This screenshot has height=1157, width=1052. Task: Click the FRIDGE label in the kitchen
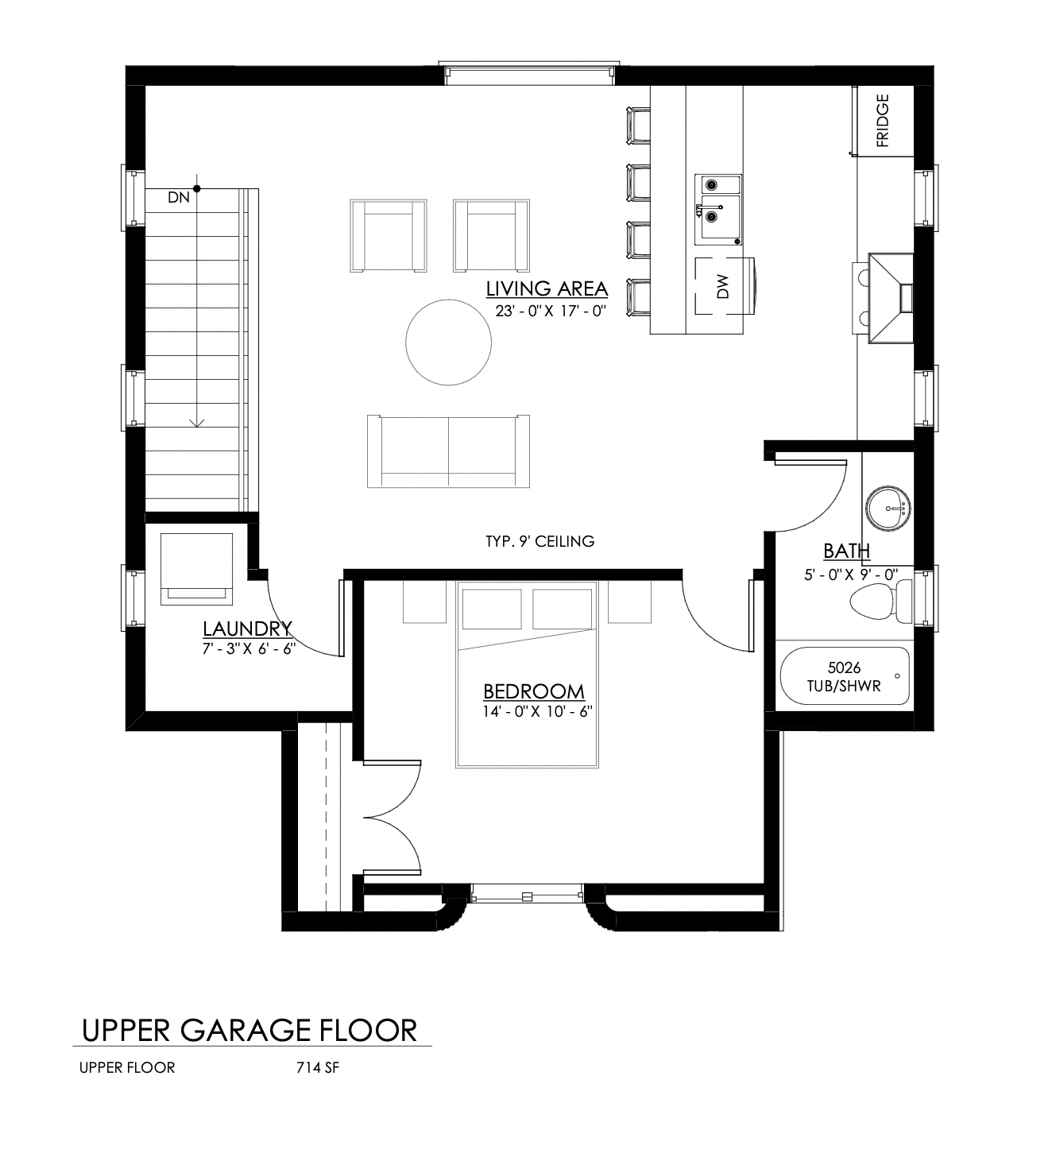tap(882, 121)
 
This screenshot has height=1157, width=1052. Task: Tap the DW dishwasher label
tap(723, 286)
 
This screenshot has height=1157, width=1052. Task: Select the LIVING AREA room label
tap(547, 288)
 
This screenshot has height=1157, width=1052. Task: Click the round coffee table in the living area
tap(448, 342)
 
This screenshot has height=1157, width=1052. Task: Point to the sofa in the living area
tap(448, 451)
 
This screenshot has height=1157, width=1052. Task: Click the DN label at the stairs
tap(179, 197)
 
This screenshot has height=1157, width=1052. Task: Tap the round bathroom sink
tap(888, 508)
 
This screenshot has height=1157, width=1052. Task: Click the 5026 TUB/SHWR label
tap(844, 676)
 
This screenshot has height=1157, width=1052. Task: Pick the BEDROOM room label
tap(534, 691)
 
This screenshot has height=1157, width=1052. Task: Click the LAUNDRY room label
tap(247, 628)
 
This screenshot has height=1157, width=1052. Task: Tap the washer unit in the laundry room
tap(197, 569)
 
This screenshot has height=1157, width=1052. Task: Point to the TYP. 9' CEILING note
tap(540, 541)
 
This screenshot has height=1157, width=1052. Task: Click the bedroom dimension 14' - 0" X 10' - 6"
tap(538, 712)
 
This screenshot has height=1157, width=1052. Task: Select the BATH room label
tap(846, 551)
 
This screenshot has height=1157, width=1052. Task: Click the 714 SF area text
tap(318, 1067)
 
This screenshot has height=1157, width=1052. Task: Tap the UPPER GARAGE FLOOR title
tap(249, 1031)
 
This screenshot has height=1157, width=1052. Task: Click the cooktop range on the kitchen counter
tap(891, 298)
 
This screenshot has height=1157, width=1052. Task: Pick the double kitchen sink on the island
tap(718, 210)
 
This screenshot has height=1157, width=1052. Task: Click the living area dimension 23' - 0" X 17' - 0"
tap(551, 311)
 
